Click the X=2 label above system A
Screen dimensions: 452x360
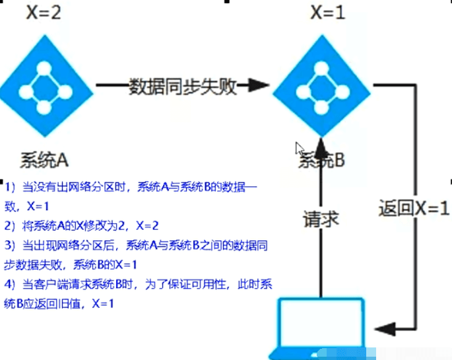44,13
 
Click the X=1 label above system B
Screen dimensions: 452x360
328,13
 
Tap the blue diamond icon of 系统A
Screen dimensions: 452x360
46,86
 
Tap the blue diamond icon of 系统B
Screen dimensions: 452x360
322,86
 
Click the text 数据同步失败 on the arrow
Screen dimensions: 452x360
183,86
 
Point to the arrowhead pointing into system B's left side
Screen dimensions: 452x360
258,85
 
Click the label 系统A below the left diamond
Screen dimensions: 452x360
44,160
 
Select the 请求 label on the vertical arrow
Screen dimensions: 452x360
321,219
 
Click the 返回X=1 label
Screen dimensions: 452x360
414,208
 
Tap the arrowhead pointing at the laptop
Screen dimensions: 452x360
385,328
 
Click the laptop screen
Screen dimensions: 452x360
321,322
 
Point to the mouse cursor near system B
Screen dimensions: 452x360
300,149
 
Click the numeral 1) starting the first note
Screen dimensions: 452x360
10,187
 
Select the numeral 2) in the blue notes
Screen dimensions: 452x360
10,225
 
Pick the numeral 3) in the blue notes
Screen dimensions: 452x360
10,245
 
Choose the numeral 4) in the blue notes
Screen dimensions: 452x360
10,285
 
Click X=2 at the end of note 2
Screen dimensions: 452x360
147,225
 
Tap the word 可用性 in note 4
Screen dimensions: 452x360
208,285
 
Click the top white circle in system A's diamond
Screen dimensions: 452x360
44,68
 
